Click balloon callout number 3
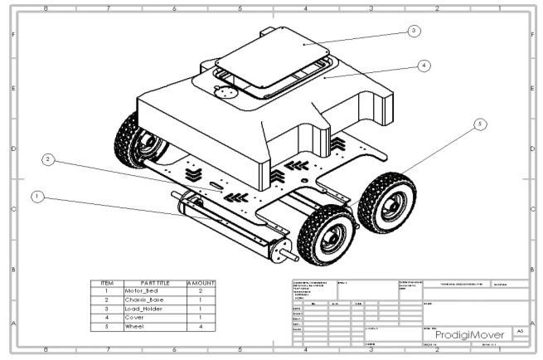(414, 31)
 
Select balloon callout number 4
(424, 65)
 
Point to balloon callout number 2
(48, 160)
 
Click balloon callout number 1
(36, 197)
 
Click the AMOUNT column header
(201, 284)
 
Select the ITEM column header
(107, 284)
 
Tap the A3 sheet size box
(520, 330)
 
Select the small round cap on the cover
(222, 93)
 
